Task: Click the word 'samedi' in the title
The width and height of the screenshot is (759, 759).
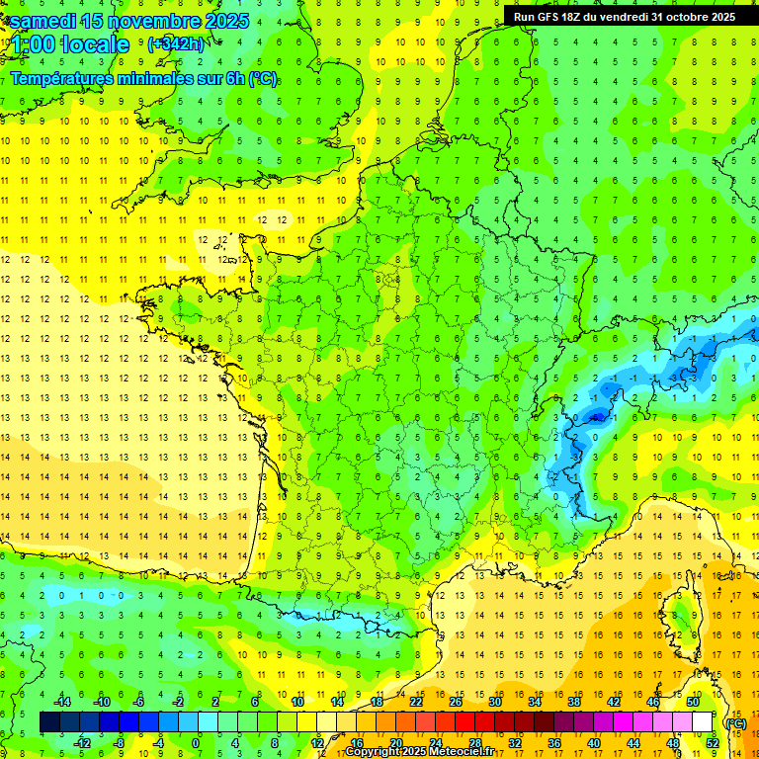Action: pyautogui.click(x=44, y=20)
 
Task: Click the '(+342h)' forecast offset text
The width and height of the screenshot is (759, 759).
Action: pyautogui.click(x=176, y=43)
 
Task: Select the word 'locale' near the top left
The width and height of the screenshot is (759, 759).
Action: pyautogui.click(x=93, y=44)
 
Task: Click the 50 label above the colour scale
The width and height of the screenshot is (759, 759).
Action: pyautogui.click(x=693, y=701)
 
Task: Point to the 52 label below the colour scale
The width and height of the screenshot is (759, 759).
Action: pyautogui.click(x=713, y=743)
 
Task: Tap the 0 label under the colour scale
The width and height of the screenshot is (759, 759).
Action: pyautogui.click(x=196, y=743)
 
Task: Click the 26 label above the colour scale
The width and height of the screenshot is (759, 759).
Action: pyautogui.click(x=456, y=701)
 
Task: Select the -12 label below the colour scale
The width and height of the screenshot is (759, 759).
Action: pyautogui.click(x=83, y=743)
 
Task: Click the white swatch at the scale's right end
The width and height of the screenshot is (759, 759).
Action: pyautogui.click(x=702, y=722)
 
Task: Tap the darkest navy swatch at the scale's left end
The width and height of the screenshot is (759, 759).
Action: pyautogui.click(x=49, y=722)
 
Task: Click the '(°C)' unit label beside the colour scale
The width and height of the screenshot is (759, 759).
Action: pyautogui.click(x=734, y=722)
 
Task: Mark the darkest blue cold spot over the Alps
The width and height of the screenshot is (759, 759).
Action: pyautogui.click(x=596, y=416)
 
